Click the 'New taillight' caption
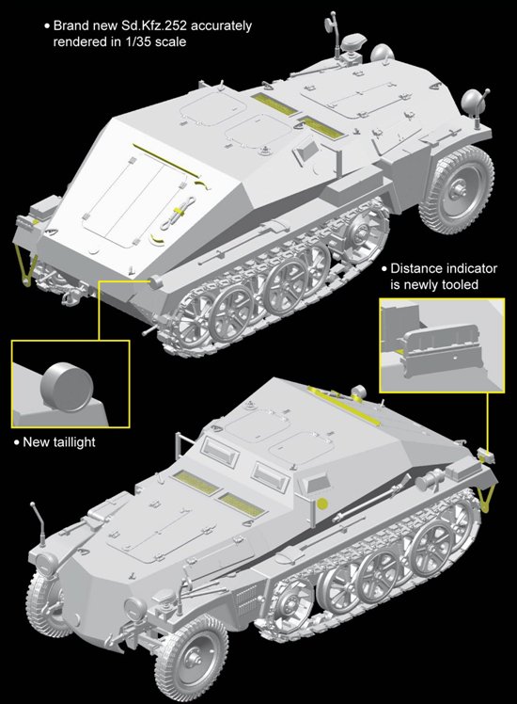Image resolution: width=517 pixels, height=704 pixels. point(59,442)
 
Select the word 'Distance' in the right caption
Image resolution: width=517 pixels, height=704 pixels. point(415,268)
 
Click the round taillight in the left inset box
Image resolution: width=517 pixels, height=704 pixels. point(67,388)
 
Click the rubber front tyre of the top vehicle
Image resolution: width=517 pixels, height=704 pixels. point(458,184)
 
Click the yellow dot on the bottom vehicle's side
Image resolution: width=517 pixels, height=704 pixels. point(321,504)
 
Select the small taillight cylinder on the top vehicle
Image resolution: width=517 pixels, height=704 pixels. point(156,282)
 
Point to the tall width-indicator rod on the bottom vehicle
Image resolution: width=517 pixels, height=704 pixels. point(39,524)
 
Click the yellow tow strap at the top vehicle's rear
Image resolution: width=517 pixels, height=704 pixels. point(26,267)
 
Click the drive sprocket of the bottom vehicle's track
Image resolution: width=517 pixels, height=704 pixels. point(290,603)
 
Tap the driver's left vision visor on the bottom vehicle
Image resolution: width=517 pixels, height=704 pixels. point(220,451)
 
